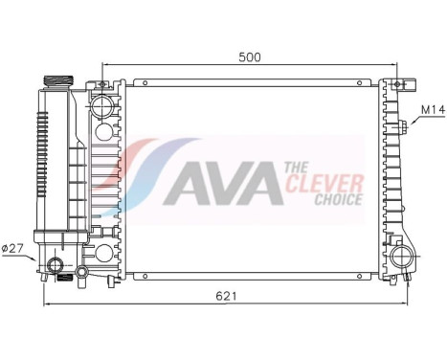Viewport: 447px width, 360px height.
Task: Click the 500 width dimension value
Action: (x=250, y=57)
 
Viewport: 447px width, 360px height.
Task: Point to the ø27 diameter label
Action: (x=12, y=248)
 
